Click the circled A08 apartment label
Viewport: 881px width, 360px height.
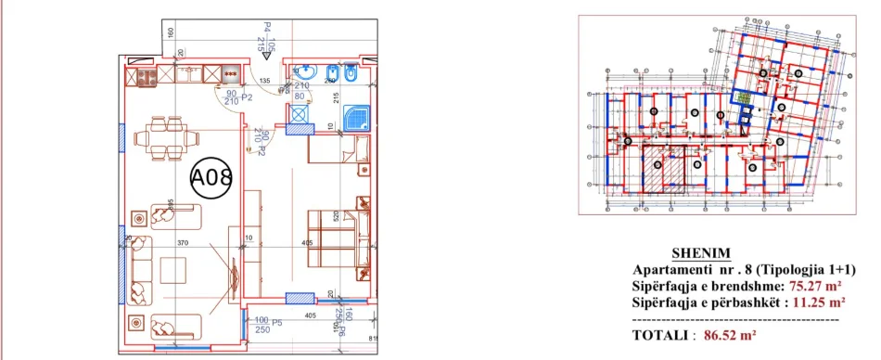click(211, 177)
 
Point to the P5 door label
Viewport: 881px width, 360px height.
click(275, 320)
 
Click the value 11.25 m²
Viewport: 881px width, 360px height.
click(818, 302)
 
